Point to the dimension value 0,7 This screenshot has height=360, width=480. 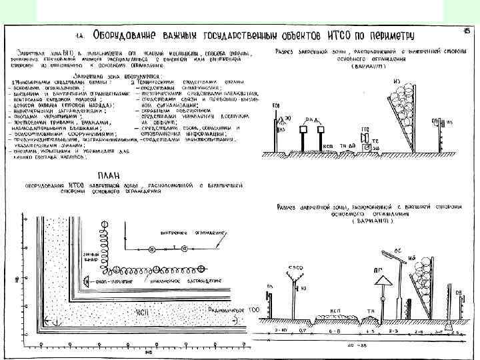point(302,329)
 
